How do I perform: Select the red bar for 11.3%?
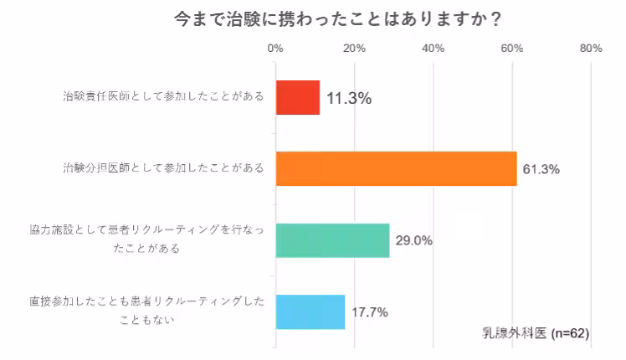pos(297,97)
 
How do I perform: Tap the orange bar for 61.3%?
pos(396,168)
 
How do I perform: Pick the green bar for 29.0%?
pos(332,240)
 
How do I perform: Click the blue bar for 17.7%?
pos(310,311)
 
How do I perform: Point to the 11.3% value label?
pos(349,98)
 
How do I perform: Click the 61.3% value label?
pos(541,169)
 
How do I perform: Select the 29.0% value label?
pos(413,241)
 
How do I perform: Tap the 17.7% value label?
pos(369,312)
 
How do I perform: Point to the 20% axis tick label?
pos(354,49)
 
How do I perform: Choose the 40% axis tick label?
pos(433,49)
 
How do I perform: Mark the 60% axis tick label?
pos(512,49)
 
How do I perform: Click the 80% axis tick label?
pos(591,49)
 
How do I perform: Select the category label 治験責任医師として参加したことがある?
pos(163,97)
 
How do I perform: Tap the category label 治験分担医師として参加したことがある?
pos(163,168)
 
